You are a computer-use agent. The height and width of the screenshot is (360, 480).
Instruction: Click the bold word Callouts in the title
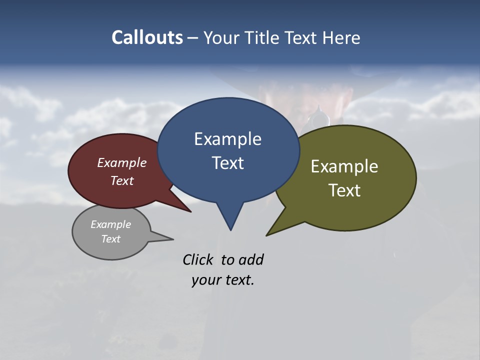(147, 37)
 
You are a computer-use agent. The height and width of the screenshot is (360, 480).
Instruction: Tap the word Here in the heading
(341, 37)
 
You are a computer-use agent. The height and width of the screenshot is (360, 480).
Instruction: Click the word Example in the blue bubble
(227, 139)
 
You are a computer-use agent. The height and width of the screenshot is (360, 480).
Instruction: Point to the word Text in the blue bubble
(227, 163)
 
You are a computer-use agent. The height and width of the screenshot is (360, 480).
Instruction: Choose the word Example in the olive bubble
(344, 166)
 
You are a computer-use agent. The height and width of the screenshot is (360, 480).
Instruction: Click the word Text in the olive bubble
(344, 190)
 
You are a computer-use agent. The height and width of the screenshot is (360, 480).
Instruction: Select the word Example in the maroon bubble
(122, 163)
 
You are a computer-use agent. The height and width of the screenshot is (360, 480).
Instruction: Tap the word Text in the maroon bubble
(122, 180)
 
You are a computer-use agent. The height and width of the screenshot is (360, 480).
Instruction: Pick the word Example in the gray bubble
(110, 224)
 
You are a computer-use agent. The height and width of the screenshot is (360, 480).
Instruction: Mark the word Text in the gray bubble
(110, 239)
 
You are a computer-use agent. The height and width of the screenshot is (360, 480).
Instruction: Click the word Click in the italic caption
(197, 260)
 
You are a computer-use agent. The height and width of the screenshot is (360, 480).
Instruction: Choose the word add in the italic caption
(251, 260)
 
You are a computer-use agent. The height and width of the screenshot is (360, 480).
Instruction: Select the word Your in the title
(220, 37)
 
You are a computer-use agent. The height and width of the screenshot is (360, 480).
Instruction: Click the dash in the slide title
(193, 37)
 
